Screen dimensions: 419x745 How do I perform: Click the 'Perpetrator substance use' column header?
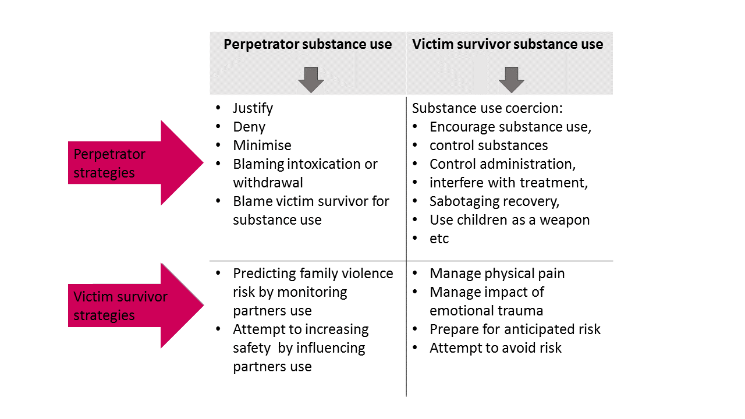[307, 44]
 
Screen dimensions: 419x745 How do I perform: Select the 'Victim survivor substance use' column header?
[508, 44]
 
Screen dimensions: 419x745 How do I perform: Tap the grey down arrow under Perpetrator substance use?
[311, 80]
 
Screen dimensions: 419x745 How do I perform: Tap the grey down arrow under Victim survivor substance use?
[512, 80]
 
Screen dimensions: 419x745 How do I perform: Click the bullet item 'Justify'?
[253, 108]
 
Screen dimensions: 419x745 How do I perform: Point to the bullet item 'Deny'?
[249, 127]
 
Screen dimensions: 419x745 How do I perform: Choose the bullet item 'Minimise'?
[262, 145]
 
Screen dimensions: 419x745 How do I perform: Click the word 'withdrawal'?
[268, 183]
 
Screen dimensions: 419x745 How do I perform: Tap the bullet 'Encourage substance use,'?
[510, 127]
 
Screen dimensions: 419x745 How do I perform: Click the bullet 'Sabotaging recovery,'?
[495, 201]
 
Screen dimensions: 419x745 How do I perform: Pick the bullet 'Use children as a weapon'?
[509, 220]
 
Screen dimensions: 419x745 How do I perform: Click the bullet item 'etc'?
[439, 239]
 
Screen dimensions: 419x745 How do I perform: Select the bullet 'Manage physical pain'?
[497, 274]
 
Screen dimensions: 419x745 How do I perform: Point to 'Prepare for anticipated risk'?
[515, 329]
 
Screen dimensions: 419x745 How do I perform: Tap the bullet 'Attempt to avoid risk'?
[495, 348]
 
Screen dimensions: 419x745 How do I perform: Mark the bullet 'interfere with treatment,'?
[509, 183]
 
